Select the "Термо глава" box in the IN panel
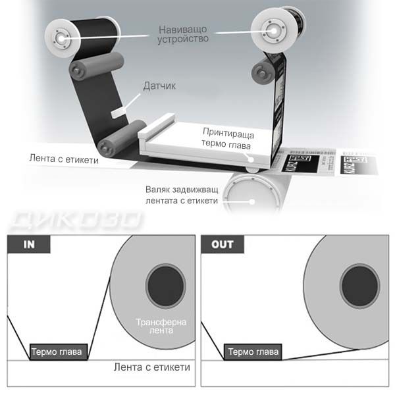pyautogui.click(x=56, y=352)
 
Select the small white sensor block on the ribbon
pyautogui.click(x=120, y=111)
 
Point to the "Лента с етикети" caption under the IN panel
pyautogui.click(x=151, y=367)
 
